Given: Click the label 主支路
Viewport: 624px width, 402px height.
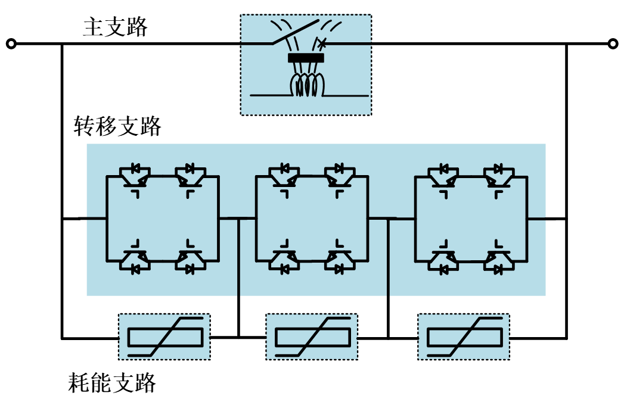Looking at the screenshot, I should pyautogui.click(x=115, y=27).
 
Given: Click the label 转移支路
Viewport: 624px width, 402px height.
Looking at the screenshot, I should pyautogui.click(x=117, y=126).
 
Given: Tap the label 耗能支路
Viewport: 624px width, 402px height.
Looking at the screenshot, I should pyautogui.click(x=112, y=382).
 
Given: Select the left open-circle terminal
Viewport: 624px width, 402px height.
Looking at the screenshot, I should pyautogui.click(x=10, y=43).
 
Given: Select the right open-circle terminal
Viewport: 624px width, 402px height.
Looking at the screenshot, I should pyautogui.click(x=612, y=43).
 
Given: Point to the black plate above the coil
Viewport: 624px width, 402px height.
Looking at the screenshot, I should pyautogui.click(x=306, y=58).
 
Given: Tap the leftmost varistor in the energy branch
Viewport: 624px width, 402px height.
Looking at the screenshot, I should pyautogui.click(x=164, y=337).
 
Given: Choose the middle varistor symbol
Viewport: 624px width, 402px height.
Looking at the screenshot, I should pyautogui.click(x=312, y=337).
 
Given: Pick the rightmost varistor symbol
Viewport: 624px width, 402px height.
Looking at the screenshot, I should pyautogui.click(x=464, y=337).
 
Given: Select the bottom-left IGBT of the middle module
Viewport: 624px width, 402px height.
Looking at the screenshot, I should pyautogui.click(x=284, y=261).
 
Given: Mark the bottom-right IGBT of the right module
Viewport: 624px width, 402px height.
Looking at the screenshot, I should pyautogui.click(x=498, y=261).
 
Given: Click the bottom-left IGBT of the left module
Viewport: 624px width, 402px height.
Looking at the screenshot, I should pyautogui.click(x=135, y=261).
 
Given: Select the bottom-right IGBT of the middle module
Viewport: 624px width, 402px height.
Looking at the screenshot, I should pyautogui.click(x=340, y=261).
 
